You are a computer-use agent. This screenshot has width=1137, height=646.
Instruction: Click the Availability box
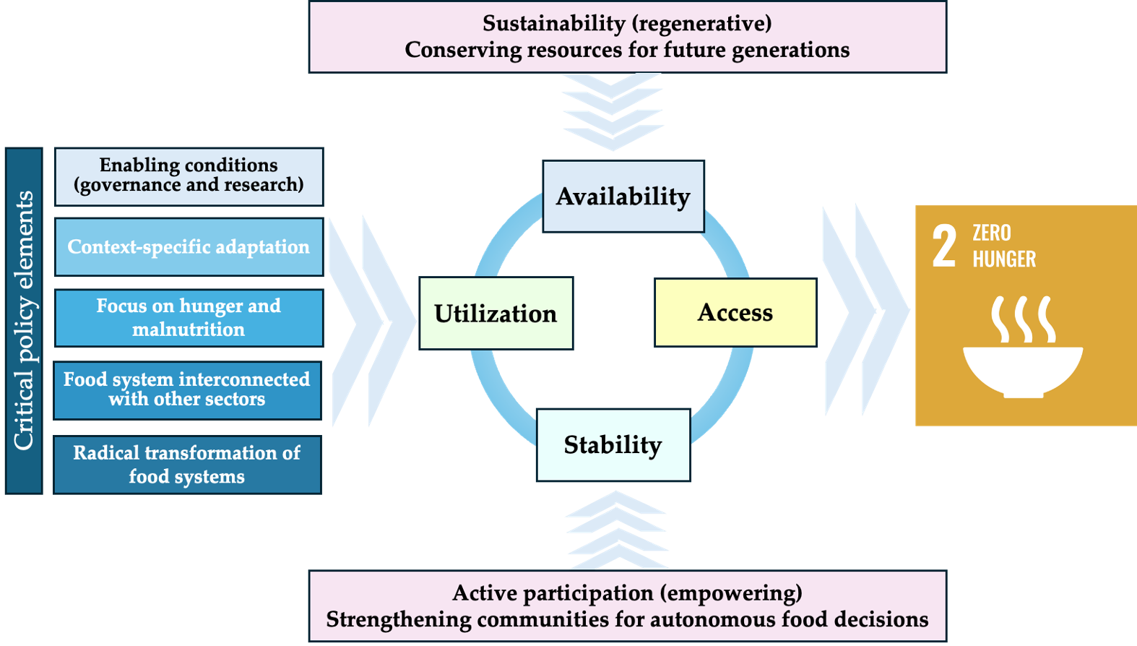point(623,196)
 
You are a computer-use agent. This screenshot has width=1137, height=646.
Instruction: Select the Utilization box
point(496,314)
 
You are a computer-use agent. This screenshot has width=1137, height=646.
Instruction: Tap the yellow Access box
point(735,313)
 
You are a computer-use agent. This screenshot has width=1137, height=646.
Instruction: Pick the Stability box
point(613,445)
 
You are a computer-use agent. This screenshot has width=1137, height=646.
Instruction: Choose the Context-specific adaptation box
point(189,247)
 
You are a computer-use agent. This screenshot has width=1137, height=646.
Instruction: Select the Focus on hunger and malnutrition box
point(189,318)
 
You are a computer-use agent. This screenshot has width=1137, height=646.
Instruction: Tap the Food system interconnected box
point(187,389)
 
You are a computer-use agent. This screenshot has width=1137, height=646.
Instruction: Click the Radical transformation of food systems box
point(187,465)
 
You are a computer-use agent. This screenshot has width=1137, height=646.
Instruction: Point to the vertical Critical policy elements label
point(24,320)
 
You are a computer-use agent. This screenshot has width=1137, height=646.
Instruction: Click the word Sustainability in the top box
point(553,24)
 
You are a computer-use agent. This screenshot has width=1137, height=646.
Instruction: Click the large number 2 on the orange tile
point(943,246)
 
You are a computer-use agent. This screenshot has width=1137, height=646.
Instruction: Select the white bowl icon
point(1023,369)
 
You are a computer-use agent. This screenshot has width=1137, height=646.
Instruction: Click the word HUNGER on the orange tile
point(1004,259)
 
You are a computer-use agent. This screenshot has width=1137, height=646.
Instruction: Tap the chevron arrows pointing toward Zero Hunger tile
point(865,311)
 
